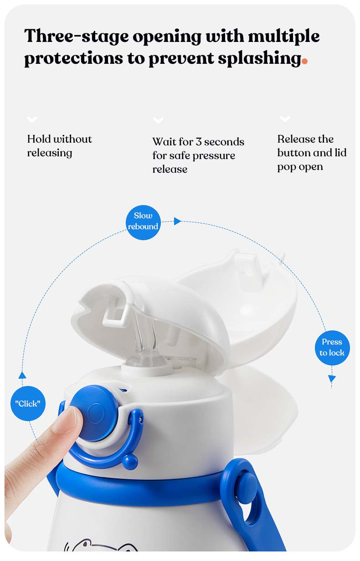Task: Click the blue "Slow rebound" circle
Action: [x=143, y=222]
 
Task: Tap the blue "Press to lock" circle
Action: [x=332, y=348]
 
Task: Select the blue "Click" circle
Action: [x=28, y=403]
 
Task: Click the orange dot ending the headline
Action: [x=304, y=61]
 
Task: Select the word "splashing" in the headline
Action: [x=260, y=58]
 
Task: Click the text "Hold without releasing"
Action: [x=60, y=146]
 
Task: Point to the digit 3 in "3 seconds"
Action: [x=199, y=142]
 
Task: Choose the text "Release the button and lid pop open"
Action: [x=312, y=153]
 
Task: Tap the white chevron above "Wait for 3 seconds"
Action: [x=158, y=120]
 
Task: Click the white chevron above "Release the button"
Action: [x=285, y=118]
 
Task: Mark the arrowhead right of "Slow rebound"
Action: [x=178, y=221]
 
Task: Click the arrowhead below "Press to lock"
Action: [x=332, y=378]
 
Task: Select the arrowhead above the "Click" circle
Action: [x=22, y=375]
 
